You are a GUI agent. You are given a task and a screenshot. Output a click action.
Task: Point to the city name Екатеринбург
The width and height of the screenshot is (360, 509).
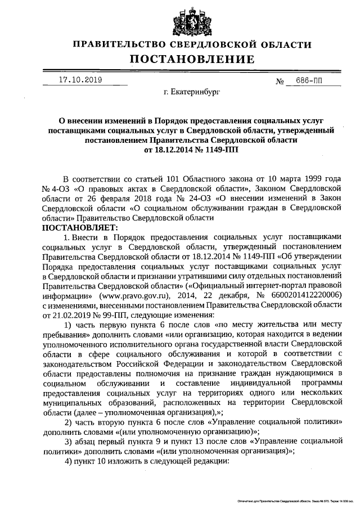pos(190,90)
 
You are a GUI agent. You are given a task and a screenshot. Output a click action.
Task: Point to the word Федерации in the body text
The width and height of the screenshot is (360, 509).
pos(182,363)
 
